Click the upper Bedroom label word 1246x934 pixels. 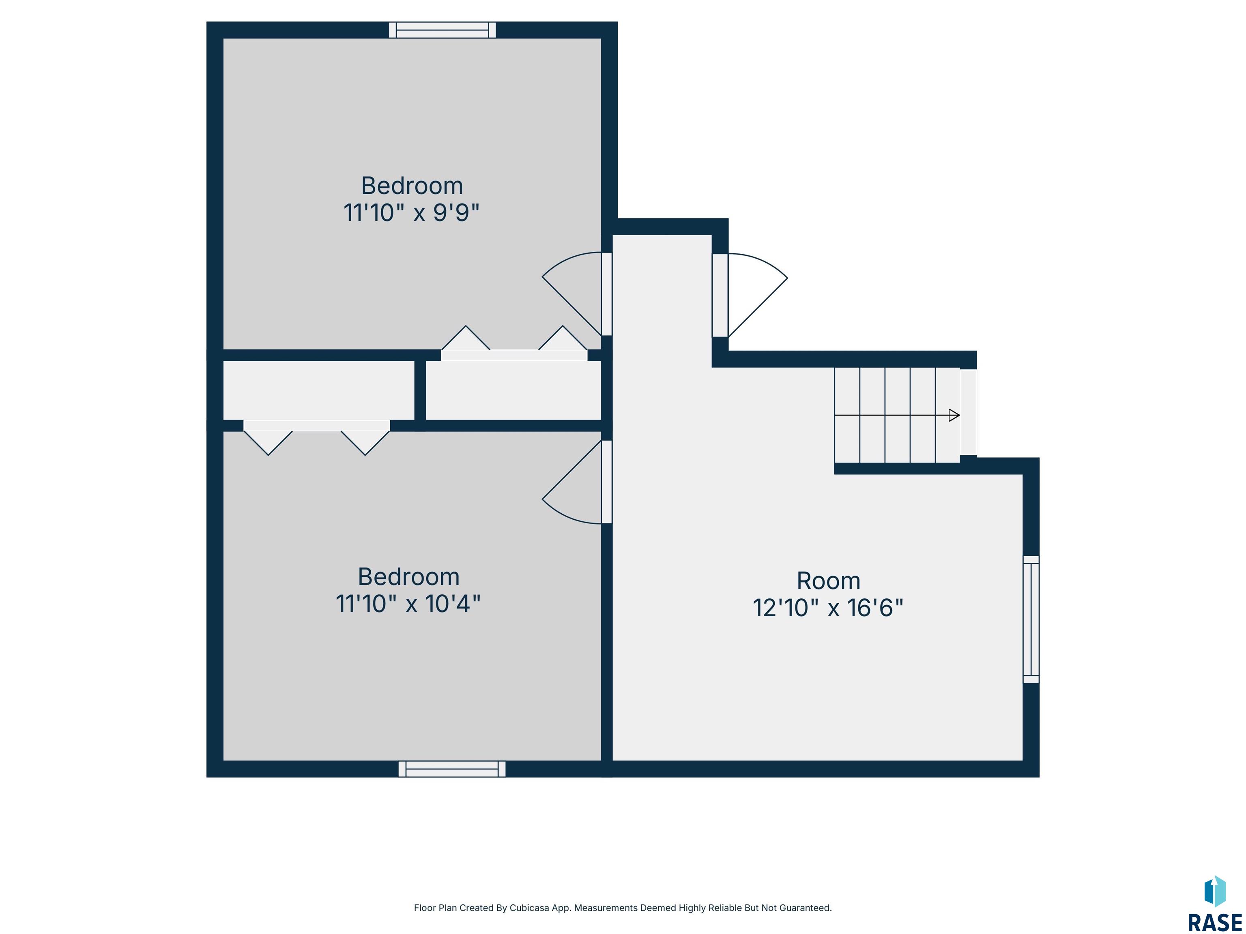412,186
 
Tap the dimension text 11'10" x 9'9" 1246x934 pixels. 412,213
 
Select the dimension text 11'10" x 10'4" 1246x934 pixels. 408,604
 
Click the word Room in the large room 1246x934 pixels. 828,581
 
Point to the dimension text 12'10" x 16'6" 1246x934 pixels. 828,608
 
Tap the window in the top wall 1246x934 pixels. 443,30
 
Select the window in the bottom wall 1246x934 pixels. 452,769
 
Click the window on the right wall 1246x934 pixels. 1031,619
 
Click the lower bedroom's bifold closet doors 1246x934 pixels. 316,438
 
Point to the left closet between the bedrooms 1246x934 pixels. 319,390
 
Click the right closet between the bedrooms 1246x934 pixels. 513,390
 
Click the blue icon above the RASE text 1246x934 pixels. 1215,891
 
